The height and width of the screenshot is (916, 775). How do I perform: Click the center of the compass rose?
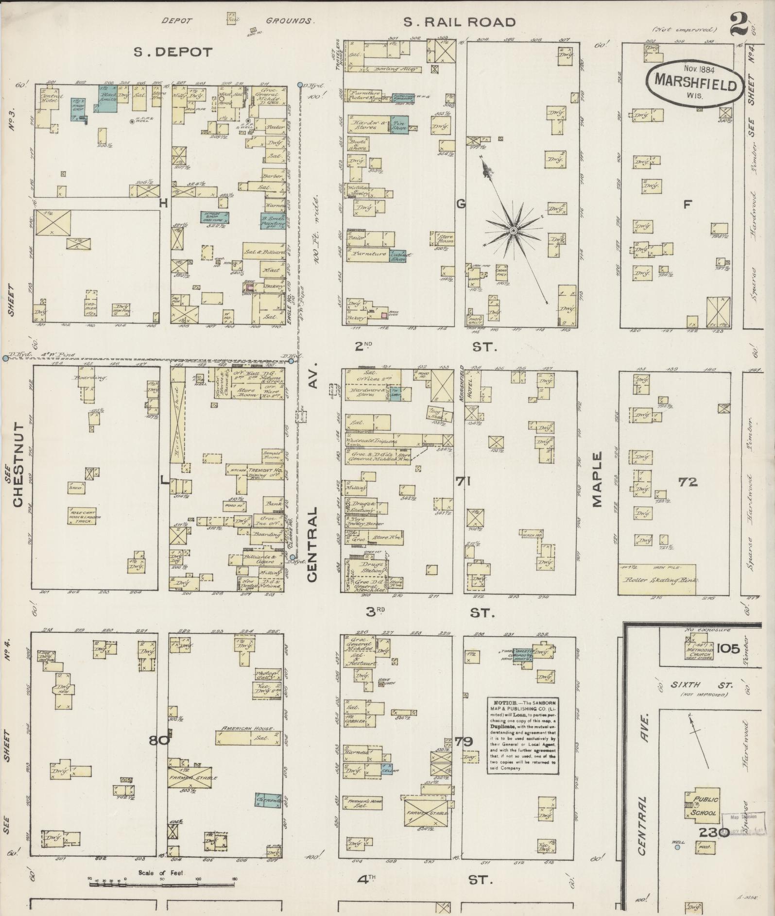[513, 230]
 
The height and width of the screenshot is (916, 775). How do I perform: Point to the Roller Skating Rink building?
[657, 579]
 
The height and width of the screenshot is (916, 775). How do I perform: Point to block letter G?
[460, 204]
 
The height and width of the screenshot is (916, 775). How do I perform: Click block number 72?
[689, 482]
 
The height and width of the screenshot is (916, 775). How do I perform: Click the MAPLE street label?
[597, 479]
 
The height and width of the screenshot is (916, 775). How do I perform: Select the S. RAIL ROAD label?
[459, 22]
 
